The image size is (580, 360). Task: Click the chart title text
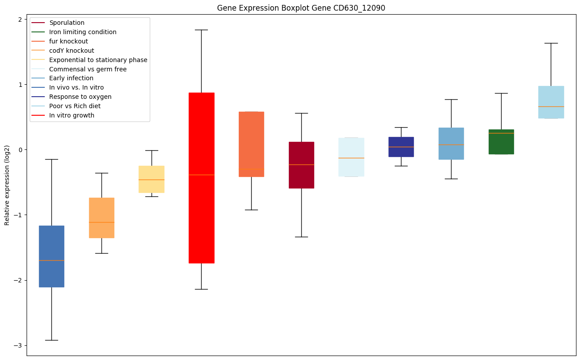(298, 8)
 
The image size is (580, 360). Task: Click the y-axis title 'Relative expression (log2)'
(7, 185)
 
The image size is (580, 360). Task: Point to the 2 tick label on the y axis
(20, 20)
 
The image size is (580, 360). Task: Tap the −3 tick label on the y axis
(18, 346)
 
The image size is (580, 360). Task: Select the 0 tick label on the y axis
(20, 150)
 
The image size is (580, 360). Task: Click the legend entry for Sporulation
(67, 23)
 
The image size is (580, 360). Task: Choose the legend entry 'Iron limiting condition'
(83, 32)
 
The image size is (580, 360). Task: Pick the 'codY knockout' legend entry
(72, 51)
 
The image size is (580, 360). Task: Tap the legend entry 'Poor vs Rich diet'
(75, 106)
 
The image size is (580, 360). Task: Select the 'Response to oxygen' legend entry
(80, 97)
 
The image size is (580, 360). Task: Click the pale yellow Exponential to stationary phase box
(152, 186)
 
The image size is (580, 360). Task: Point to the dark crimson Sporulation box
(301, 177)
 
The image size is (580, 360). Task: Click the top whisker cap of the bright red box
(201, 30)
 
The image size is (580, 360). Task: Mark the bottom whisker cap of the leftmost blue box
(51, 340)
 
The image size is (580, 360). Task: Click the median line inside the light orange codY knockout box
(101, 222)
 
